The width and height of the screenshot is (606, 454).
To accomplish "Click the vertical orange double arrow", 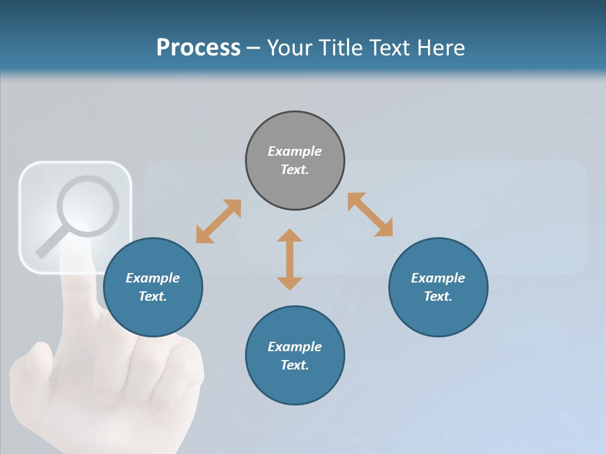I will [x=290, y=259].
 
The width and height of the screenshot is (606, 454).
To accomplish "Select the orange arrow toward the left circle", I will [x=218, y=221].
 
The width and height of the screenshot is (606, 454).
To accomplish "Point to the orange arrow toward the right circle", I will [x=371, y=214].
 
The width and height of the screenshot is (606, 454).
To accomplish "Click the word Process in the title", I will [x=198, y=47].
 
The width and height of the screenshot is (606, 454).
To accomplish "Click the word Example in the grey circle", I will [x=295, y=151].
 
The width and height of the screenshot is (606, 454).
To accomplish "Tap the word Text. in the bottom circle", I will [x=295, y=365].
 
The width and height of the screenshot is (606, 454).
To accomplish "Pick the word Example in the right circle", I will [x=438, y=278].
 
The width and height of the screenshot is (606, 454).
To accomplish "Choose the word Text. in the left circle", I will [x=153, y=296].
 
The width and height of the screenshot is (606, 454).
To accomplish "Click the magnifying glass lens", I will [x=88, y=206].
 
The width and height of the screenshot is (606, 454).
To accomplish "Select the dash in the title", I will [x=253, y=48].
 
